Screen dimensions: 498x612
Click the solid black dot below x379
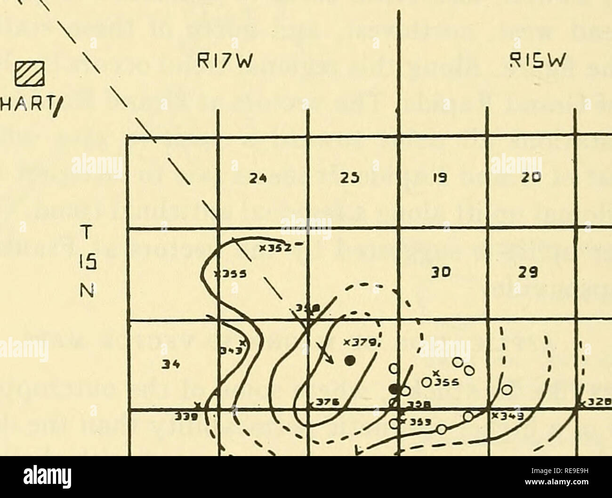[349, 361]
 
